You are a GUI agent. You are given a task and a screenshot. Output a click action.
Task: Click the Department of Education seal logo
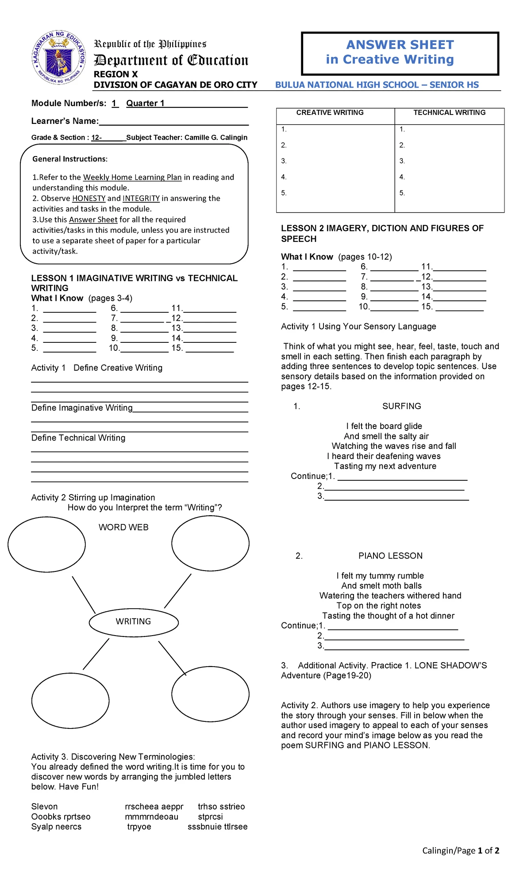point(58,58)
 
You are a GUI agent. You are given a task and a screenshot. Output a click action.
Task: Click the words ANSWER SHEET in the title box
point(400,45)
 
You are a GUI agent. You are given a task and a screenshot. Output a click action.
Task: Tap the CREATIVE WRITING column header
point(330,113)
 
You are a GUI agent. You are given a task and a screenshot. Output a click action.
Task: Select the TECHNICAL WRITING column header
point(449,113)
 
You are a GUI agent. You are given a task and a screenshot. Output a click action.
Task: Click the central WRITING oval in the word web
point(134,621)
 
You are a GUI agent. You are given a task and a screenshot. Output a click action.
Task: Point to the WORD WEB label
point(123,527)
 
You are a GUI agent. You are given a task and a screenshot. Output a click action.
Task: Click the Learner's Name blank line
point(173,122)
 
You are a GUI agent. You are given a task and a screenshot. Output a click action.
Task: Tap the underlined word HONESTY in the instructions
point(88,199)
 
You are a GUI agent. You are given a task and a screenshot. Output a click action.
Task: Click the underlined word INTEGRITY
point(141,199)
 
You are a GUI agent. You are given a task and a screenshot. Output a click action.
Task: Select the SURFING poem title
point(401,406)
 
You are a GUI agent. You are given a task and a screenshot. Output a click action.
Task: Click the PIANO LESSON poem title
point(390,556)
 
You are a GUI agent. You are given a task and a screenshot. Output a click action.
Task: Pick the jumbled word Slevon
point(44,806)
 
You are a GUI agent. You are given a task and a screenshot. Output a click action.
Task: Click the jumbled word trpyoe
point(139,827)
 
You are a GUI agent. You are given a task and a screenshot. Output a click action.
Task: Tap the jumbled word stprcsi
point(210,816)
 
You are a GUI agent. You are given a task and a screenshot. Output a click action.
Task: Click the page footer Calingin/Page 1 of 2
point(460,850)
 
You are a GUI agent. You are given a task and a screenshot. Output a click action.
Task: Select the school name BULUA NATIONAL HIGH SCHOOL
point(346,85)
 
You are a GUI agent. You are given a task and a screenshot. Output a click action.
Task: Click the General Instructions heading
point(70,159)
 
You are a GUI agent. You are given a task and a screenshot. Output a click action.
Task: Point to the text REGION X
point(115,74)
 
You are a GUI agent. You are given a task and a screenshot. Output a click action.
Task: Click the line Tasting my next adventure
point(385,466)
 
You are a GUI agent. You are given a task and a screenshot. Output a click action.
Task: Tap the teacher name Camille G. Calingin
point(215,138)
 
